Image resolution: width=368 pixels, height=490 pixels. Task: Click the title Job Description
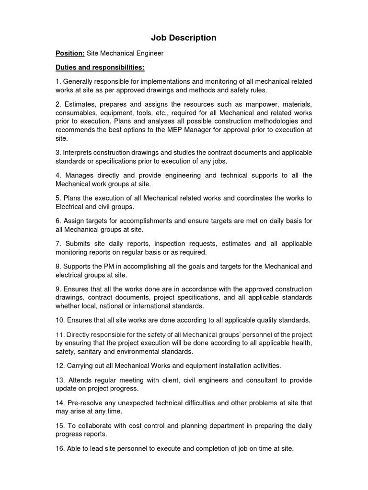click(184, 38)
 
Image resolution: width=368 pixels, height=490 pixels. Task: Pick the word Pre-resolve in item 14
click(84, 403)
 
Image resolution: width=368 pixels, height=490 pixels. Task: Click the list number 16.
click(60, 449)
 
